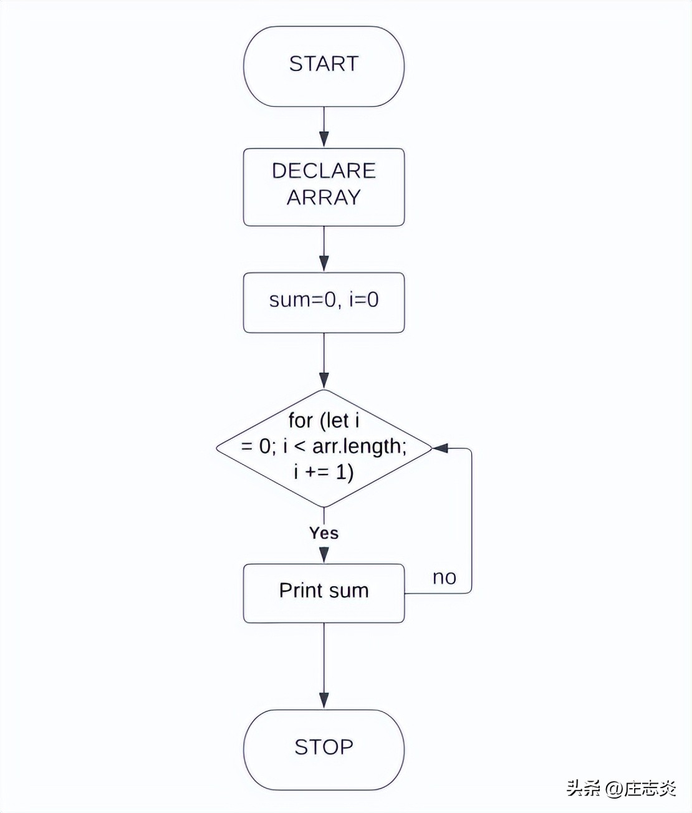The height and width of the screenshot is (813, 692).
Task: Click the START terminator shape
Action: click(324, 66)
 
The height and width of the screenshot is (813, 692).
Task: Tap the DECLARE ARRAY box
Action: click(324, 187)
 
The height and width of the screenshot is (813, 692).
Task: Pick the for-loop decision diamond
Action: click(324, 448)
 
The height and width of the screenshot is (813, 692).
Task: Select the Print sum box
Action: click(324, 593)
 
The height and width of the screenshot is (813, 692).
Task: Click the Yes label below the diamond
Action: click(324, 533)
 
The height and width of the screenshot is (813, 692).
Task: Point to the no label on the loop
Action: click(445, 577)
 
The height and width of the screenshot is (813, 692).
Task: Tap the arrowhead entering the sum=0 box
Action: click(324, 263)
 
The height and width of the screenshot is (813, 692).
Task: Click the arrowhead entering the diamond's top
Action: click(324, 380)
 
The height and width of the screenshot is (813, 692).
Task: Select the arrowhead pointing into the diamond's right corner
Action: click(441, 448)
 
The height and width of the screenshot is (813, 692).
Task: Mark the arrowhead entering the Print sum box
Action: click(324, 555)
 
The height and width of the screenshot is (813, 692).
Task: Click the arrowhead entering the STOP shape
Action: click(324, 700)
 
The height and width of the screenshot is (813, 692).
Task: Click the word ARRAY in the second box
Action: click(324, 198)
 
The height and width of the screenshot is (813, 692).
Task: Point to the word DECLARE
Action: click(324, 171)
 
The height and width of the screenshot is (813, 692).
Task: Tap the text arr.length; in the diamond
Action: click(359, 446)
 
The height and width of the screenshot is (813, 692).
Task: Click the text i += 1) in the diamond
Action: click(324, 472)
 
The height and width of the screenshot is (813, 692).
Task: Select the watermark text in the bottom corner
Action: click(621, 788)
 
